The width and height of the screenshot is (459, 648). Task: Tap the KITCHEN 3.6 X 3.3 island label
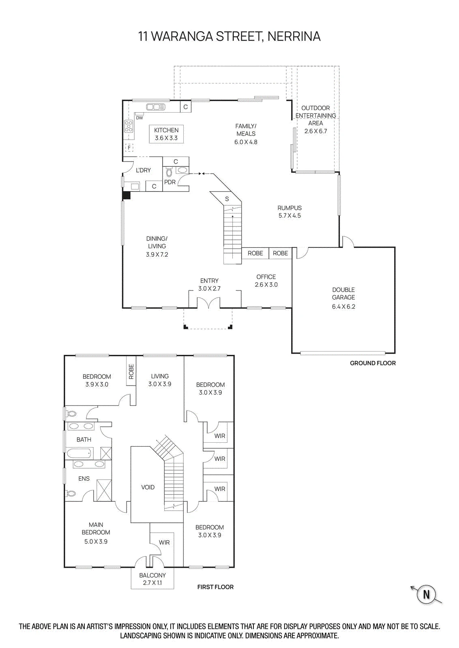tap(166, 134)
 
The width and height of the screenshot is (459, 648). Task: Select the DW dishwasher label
tap(139, 118)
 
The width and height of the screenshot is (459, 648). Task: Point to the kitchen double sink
tap(156, 107)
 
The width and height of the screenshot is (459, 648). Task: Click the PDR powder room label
tap(170, 182)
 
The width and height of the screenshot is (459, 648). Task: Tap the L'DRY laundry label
tap(144, 171)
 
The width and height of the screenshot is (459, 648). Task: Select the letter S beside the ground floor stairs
tap(227, 199)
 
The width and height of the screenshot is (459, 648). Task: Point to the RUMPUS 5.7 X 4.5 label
tap(290, 212)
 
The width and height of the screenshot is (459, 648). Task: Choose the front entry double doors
tap(208, 303)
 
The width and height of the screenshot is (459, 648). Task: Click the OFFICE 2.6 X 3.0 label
tap(266, 281)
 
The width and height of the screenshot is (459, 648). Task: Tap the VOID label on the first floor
tap(148, 487)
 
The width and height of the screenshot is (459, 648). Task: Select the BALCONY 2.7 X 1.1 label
tap(152, 579)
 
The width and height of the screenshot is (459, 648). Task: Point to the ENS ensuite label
tap(84, 478)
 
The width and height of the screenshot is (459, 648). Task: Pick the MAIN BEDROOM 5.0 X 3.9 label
tap(96, 533)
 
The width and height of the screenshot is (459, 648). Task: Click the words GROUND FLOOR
tap(373, 363)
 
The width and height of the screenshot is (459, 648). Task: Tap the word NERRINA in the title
tap(294, 36)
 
